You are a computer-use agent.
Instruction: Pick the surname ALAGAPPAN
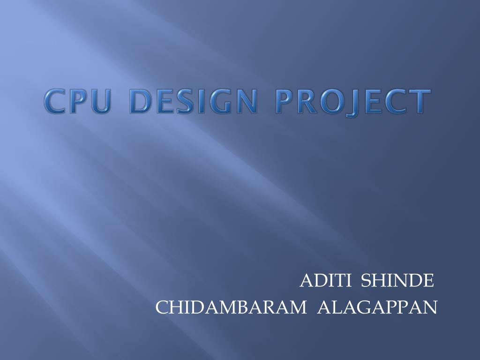coord(377,307)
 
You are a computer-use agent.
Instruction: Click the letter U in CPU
coord(101,102)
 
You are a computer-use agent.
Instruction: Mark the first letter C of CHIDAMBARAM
coord(162,307)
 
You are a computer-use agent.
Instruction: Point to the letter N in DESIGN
coord(247,102)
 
